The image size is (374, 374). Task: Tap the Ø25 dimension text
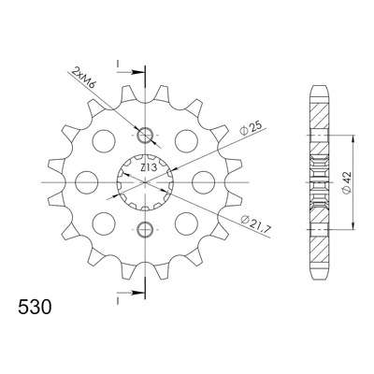point(252,127)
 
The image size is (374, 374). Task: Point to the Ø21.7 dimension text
point(256,223)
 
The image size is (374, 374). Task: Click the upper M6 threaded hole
point(145,136)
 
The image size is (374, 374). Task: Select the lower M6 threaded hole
point(145,229)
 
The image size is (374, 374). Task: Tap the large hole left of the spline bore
point(87,182)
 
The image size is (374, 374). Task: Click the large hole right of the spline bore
point(204,182)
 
